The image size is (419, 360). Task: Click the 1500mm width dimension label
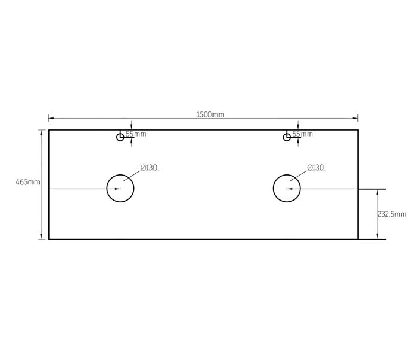pos(210,114)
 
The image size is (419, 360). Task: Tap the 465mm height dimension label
pos(28,182)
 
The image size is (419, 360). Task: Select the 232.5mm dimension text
pos(392,214)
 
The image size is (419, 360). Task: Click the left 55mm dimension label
pos(136,134)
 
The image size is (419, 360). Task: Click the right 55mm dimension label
pos(302,134)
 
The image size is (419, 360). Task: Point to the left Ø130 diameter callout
pos(149,168)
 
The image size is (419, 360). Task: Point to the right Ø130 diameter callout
pos(315,168)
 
